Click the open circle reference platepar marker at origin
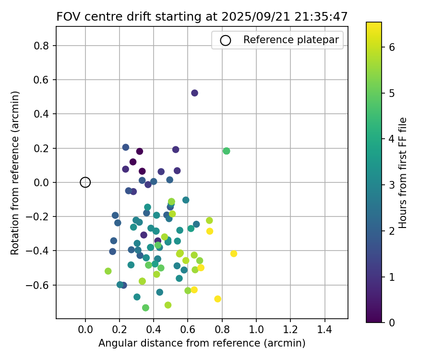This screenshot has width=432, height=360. (85, 182)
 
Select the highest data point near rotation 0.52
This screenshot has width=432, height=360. (194, 93)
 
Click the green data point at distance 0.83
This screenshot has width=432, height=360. (227, 151)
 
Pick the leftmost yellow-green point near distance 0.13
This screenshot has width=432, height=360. (108, 271)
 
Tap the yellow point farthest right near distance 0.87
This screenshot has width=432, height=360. (234, 253)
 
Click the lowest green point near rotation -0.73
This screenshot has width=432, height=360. (145, 308)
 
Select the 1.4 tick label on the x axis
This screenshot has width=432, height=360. (325, 331)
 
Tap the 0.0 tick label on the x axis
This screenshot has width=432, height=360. (85, 331)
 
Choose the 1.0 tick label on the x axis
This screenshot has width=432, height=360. (256, 331)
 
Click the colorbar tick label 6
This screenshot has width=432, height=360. (392, 47)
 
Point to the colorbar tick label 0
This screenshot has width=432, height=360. (392, 323)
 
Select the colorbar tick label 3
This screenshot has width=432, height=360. (392, 185)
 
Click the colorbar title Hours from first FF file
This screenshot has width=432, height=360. (403, 173)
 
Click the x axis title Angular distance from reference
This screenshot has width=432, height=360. (202, 343)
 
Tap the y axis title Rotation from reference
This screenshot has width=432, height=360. (15, 173)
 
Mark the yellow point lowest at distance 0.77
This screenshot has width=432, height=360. (217, 299)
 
